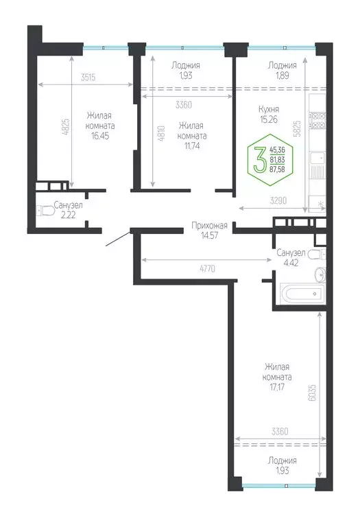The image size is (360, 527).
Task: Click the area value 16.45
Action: coord(99,136)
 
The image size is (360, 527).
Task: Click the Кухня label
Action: coord(268,108)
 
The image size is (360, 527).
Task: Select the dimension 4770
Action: coord(207,268)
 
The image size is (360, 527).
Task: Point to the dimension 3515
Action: coord(87,77)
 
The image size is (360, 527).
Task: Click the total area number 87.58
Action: coord(278,169)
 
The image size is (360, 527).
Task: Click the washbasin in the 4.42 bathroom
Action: coord(318,275)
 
